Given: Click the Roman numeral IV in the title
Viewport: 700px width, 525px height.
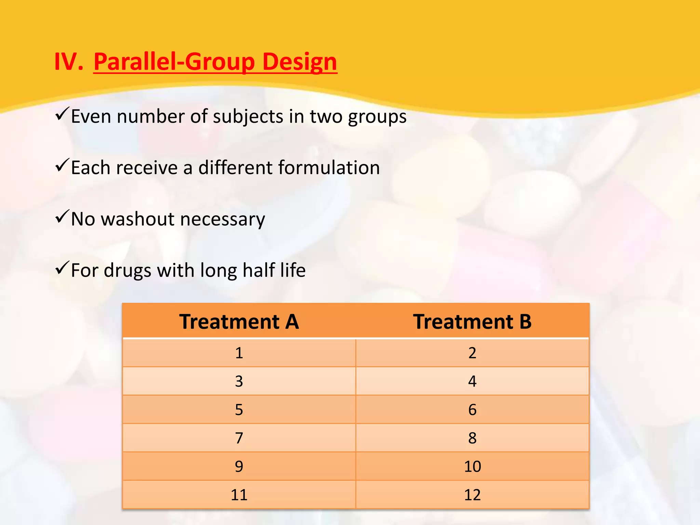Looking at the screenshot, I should (68, 62).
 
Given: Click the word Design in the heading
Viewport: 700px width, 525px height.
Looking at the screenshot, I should (300, 62).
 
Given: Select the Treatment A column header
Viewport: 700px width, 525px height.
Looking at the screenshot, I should (239, 322).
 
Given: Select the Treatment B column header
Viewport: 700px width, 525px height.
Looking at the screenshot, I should (472, 322).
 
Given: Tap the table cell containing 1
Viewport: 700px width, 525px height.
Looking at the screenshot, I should (239, 353).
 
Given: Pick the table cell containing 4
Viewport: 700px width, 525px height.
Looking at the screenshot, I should (472, 381).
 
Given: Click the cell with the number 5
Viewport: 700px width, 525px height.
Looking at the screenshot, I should (239, 409).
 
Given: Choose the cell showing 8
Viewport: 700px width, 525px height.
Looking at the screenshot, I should (472, 438).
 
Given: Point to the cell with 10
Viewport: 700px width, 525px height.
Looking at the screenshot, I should (472, 466).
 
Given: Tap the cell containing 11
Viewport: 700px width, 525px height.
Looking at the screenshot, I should (239, 495).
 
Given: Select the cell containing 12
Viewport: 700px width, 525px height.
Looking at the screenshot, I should (472, 495).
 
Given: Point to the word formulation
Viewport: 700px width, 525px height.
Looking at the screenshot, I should (329, 168).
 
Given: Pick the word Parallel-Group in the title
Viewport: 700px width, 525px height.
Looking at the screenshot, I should (174, 62).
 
